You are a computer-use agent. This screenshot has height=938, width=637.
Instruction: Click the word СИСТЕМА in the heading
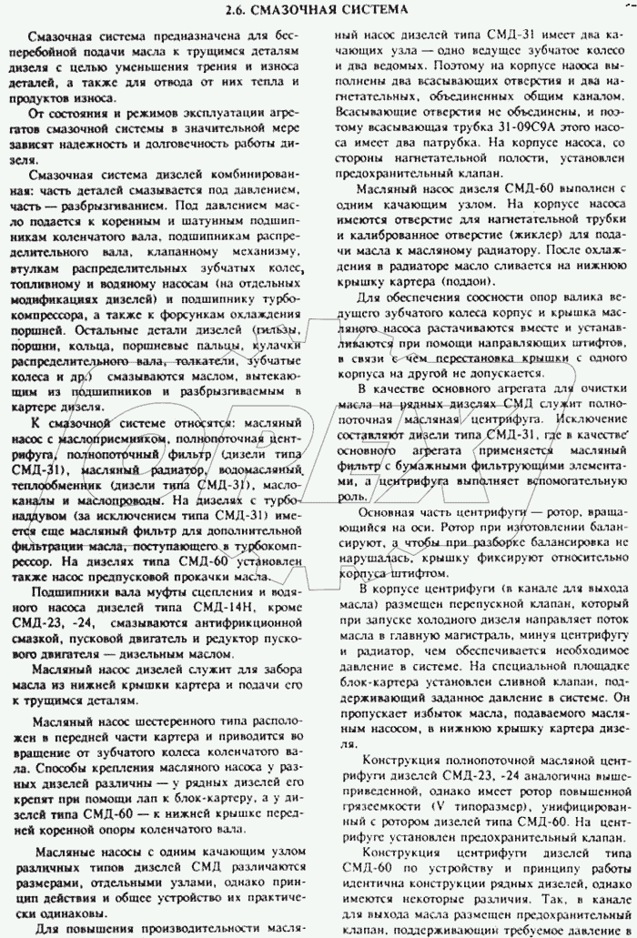362,10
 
